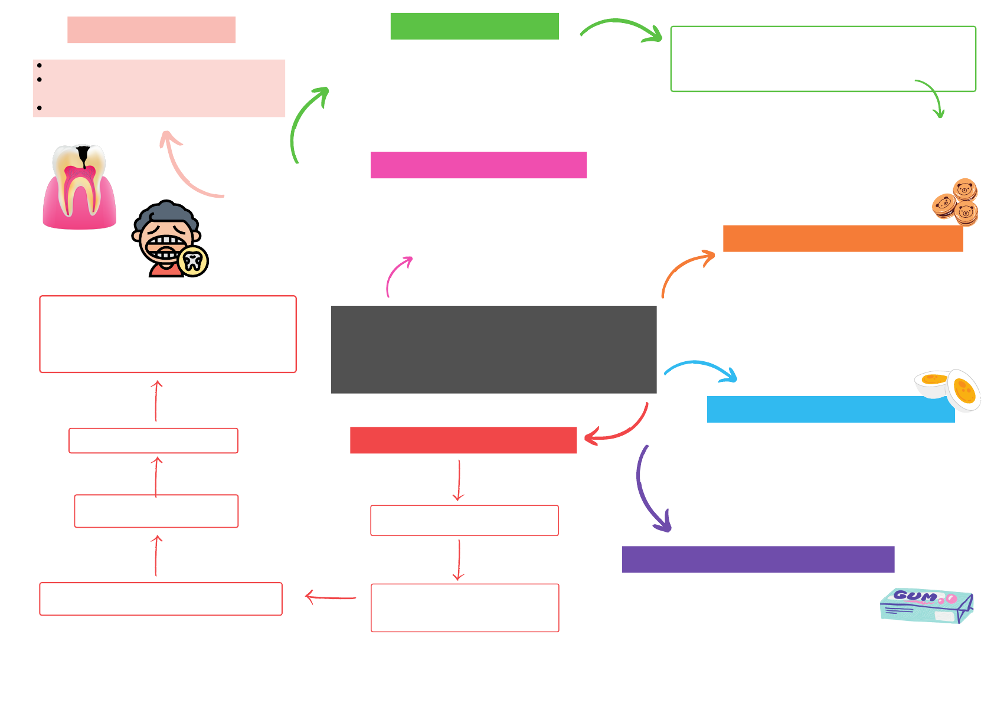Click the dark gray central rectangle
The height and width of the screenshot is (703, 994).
click(493, 349)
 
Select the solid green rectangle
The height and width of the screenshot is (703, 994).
click(475, 27)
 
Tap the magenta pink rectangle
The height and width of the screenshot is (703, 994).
click(478, 165)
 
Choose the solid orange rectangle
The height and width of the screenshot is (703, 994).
click(842, 238)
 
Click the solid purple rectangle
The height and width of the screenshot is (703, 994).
click(758, 559)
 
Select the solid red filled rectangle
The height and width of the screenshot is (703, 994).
click(463, 440)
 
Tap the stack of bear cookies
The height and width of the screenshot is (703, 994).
click(956, 202)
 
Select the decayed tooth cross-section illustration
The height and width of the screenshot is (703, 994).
click(80, 187)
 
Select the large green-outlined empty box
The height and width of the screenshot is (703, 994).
click(823, 58)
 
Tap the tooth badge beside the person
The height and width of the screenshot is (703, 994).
click(193, 261)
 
